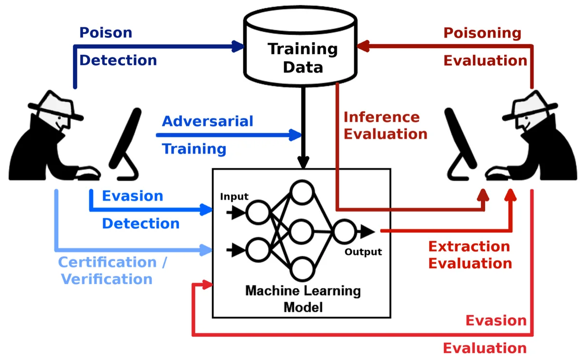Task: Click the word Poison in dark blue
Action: point(106,33)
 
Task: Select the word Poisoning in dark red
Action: point(482,33)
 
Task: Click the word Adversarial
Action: point(207,121)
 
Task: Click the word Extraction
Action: point(469,246)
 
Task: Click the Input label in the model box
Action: point(234,197)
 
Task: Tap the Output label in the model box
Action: point(363,252)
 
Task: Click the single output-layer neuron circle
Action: point(344,231)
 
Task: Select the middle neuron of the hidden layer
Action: point(302,231)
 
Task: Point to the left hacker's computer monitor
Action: point(126,139)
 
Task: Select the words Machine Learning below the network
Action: point(303,291)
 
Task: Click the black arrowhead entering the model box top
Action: point(303,162)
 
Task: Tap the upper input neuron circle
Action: point(257,213)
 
